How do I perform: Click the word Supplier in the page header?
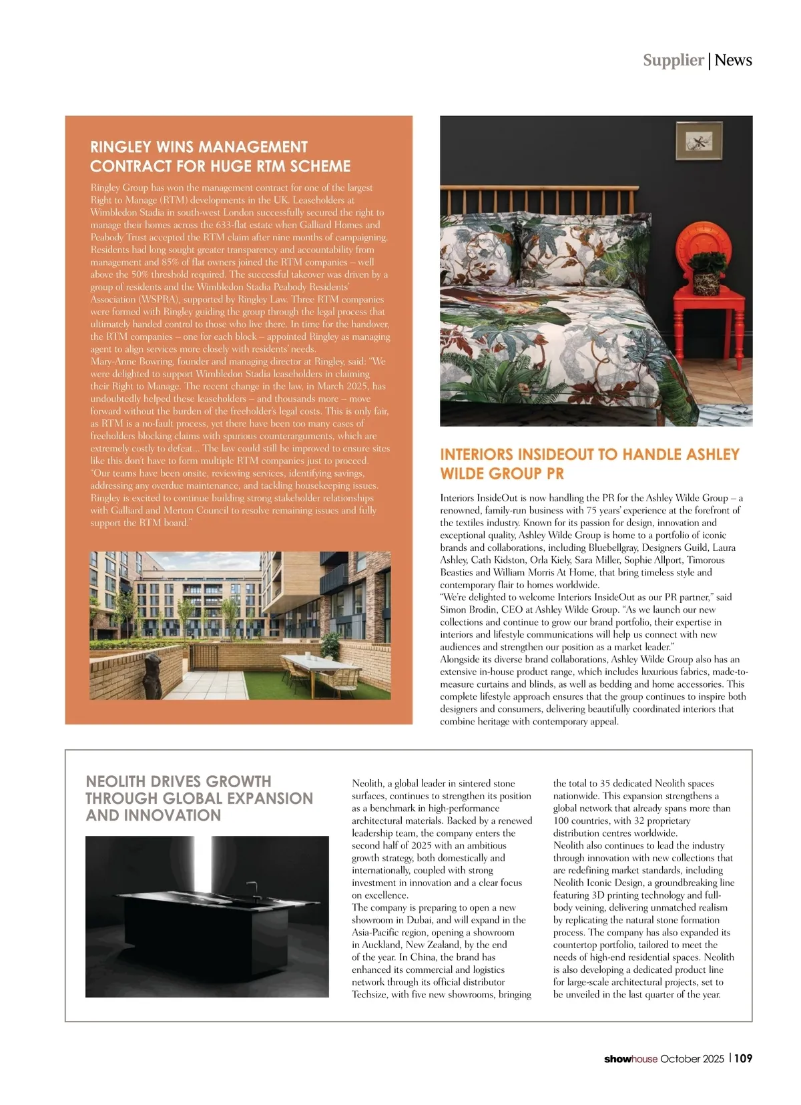click(673, 60)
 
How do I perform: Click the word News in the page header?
click(733, 60)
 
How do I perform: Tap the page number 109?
click(744, 1058)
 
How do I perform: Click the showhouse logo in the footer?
click(630, 1059)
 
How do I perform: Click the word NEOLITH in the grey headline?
click(115, 781)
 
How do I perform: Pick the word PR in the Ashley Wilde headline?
click(555, 474)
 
